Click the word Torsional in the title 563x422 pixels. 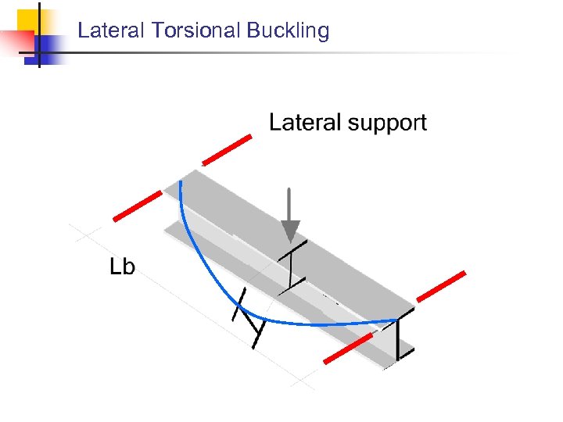[x=195, y=31]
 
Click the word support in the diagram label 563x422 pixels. [x=387, y=123]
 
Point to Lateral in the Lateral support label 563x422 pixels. [x=306, y=123]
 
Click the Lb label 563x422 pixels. [x=122, y=267]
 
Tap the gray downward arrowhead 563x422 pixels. [x=290, y=231]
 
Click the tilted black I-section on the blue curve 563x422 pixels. [x=249, y=317]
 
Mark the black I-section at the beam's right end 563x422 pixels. [x=403, y=337]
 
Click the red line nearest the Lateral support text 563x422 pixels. [x=227, y=149]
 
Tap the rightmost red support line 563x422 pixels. [x=441, y=286]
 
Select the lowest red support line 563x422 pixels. [x=348, y=349]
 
